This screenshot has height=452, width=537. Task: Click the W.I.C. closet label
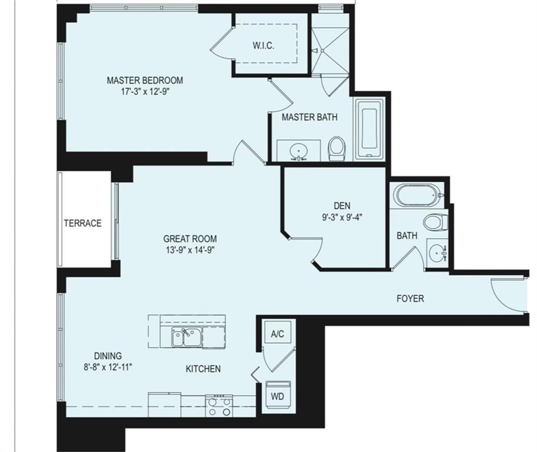tap(264, 45)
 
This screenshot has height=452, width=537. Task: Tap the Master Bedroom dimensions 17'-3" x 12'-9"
tap(145, 92)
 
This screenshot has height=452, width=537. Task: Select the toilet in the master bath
tap(336, 149)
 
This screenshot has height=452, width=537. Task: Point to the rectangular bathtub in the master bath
tap(369, 129)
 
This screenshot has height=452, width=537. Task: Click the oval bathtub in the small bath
tap(418, 195)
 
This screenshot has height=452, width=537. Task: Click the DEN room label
tap(342, 205)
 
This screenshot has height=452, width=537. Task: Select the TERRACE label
tap(82, 224)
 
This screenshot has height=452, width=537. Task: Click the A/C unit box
tap(278, 334)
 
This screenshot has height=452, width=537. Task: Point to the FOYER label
tap(410, 298)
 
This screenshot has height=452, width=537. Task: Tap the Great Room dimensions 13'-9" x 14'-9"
tap(190, 250)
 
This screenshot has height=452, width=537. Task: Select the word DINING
tap(108, 355)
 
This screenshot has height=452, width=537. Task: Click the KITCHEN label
tap(203, 369)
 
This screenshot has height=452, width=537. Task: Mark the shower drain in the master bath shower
tap(322, 51)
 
